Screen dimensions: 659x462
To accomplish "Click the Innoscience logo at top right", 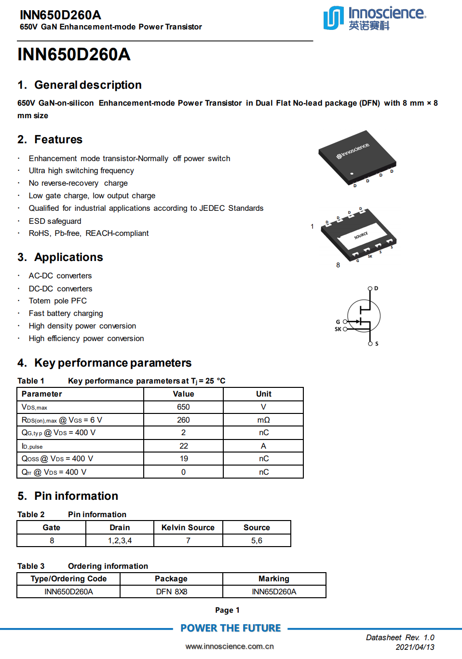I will pos(374,18).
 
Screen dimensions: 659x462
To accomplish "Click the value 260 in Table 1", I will pos(183,420).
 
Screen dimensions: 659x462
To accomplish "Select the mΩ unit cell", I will pos(263,420).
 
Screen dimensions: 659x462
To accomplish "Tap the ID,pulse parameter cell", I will pos(32,446).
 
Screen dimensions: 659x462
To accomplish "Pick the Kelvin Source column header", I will pos(188,528).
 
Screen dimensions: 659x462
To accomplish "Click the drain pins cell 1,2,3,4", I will pos(120,541).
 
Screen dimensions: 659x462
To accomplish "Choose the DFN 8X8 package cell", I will pos(171,592).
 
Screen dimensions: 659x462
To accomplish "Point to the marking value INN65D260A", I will pos(274,592).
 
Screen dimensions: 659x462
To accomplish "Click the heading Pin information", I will pos(76,496).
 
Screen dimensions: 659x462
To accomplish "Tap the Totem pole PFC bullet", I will pos(58,301).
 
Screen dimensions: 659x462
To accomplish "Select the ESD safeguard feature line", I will pos(55,221).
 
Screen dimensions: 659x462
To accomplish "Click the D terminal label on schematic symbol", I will pos(376,288).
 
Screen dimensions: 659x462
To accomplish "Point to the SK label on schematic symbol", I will pos(338,329).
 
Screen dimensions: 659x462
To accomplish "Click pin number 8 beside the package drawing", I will pos(338,265).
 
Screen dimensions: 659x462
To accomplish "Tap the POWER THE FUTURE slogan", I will pos(231,628).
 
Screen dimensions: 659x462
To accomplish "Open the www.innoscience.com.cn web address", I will pos(230,646).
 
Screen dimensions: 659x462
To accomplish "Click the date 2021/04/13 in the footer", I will pos(415,647).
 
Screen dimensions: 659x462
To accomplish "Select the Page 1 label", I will pos(227,610).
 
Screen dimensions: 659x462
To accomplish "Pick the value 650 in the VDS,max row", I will pos(183,407).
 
